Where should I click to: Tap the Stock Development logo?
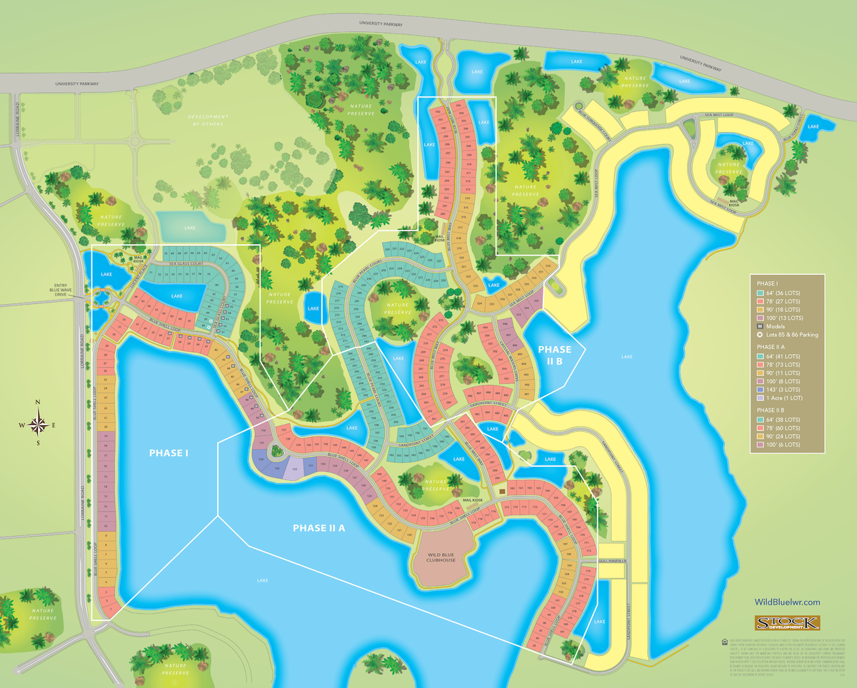[x=787, y=623]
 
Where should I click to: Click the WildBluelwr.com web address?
[x=787, y=603]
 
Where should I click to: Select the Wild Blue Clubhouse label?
[x=441, y=557]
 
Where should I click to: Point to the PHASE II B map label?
[x=555, y=355]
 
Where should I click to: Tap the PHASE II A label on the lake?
[x=319, y=528]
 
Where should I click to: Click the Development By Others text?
[x=208, y=120]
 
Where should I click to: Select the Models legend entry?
[x=778, y=325]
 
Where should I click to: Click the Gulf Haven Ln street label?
[x=612, y=562]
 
